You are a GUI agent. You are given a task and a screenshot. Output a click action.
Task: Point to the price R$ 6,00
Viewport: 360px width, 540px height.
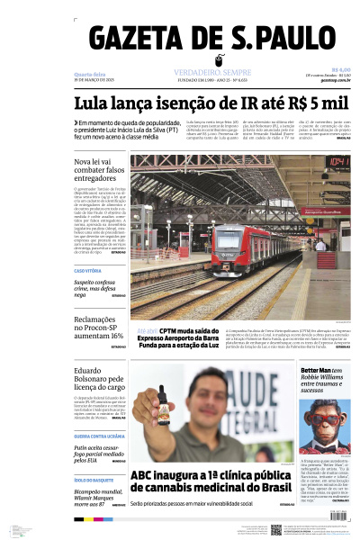tap(340, 69)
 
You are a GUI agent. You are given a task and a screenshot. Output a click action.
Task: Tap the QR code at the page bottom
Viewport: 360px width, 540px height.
tap(276, 530)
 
